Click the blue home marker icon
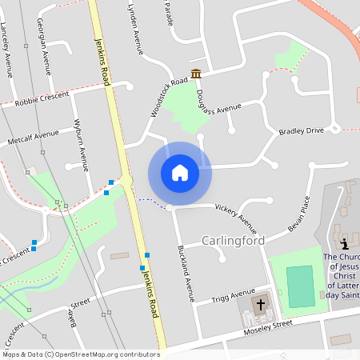[179, 173]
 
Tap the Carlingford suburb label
[233, 240]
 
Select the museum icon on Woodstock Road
[196, 74]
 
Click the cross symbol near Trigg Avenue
[260, 305]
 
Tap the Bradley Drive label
[301, 130]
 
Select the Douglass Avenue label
[218, 106]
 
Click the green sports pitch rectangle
[299, 286]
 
